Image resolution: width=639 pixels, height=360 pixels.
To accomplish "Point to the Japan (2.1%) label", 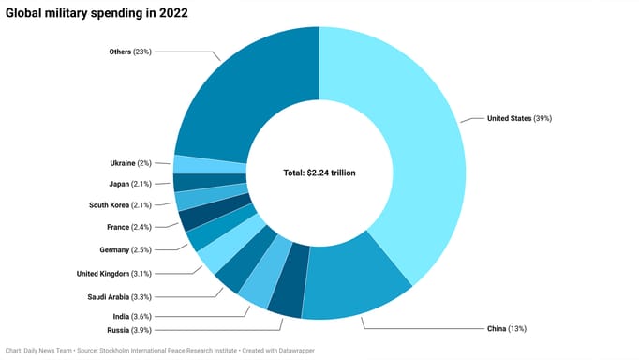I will point(132,184).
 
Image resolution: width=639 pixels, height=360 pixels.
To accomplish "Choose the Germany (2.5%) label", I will point(126,249).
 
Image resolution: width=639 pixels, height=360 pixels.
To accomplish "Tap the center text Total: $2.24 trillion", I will point(319,173).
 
